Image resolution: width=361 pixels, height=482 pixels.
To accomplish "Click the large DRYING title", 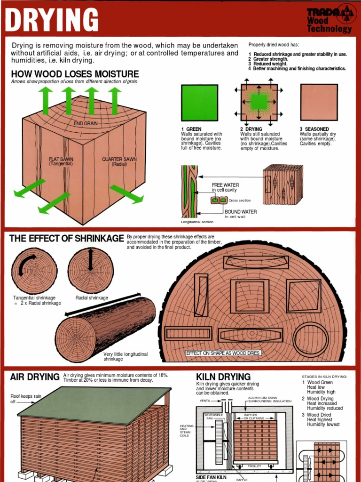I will [52, 20].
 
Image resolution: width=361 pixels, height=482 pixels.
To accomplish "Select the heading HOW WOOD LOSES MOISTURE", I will [75, 74].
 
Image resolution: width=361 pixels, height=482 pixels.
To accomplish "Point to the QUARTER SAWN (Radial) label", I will [119, 161].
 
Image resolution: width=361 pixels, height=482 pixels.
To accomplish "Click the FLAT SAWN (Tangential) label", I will [61, 161].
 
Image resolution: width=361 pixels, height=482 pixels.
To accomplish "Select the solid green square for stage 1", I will [199, 103].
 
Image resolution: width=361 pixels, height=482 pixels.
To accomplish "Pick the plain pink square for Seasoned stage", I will [319, 103].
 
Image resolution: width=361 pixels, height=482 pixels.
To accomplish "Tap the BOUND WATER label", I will [241, 212].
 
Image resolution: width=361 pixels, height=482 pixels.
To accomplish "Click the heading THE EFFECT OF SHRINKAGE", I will [66, 239].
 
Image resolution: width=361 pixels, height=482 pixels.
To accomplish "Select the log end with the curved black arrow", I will [34, 271].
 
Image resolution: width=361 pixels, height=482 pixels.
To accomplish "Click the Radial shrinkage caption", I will [92, 298].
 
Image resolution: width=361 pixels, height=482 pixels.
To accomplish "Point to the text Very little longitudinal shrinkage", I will [126, 356].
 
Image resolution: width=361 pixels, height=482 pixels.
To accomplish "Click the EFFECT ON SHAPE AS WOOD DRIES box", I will [223, 353].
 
